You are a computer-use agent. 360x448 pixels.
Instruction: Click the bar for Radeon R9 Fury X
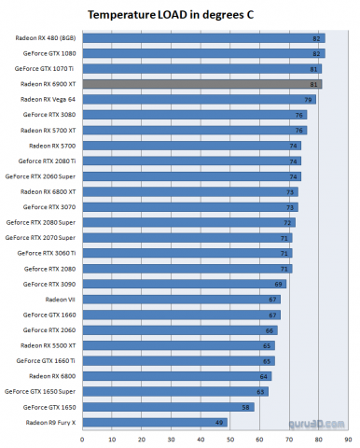point(154,423)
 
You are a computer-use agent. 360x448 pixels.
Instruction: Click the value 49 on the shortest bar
point(219,423)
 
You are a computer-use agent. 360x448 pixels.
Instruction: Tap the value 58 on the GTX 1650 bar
point(245,408)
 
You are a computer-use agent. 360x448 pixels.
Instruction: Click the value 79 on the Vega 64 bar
point(307,99)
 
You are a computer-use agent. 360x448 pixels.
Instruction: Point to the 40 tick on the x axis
point(200,439)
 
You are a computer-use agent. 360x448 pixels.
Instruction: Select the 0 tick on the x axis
point(83,439)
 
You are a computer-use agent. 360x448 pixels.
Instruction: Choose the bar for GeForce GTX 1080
point(201,53)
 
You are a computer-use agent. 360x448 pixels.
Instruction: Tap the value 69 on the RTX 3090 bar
point(278,284)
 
